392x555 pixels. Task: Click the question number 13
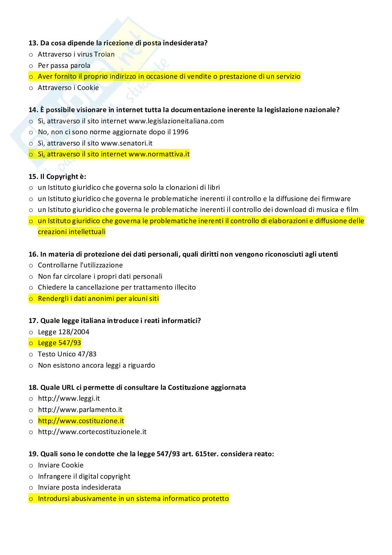click(33, 43)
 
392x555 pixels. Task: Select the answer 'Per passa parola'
click(64, 66)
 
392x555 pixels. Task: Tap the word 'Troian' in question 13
click(104, 54)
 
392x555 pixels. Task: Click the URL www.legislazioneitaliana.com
click(176, 121)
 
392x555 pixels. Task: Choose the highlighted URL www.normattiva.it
click(159, 154)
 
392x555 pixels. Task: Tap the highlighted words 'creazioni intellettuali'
click(71, 232)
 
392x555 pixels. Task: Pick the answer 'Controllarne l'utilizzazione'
click(80, 265)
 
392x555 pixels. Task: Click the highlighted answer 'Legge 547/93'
click(59, 343)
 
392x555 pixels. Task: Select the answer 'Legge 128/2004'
click(64, 332)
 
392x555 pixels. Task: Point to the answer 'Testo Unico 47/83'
click(67, 354)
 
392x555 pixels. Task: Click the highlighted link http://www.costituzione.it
click(81, 421)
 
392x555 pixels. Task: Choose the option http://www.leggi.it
click(69, 399)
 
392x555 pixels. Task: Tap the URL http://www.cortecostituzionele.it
click(92, 432)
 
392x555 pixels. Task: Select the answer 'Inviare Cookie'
click(60, 465)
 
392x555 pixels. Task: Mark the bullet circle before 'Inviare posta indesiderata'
click(31, 488)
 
